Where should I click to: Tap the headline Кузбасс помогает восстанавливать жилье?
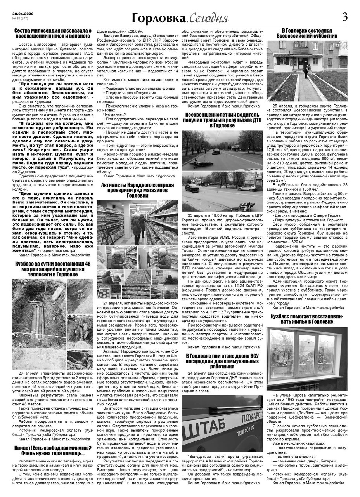pos(307,319)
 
